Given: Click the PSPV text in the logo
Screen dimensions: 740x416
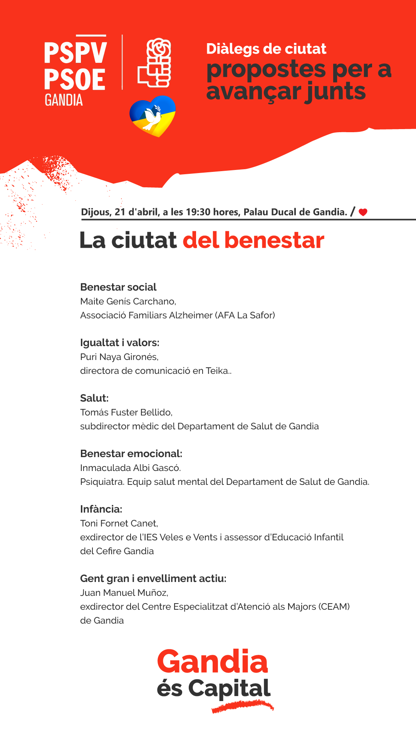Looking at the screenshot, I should tap(75, 53).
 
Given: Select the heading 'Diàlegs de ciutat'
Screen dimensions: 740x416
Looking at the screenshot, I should tap(266, 49).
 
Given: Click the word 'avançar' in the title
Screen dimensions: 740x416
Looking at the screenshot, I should tap(253, 92).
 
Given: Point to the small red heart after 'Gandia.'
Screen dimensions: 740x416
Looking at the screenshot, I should tap(363, 212).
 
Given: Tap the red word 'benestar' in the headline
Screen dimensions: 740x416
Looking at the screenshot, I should tap(274, 240).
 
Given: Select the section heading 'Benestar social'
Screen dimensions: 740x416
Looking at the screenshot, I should tap(118, 287).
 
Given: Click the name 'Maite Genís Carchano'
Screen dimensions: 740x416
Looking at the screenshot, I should tap(128, 301).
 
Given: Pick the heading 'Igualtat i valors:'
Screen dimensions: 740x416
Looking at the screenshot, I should tap(119, 343).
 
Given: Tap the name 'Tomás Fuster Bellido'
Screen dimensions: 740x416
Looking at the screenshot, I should tap(126, 412).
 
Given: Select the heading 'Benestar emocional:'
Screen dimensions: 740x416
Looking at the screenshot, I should tap(131, 454).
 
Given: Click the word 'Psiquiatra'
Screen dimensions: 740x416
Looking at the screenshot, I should tap(102, 482).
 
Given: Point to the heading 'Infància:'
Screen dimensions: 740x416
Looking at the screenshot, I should tap(101, 509).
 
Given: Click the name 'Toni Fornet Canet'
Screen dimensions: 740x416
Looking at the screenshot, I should tap(119, 523).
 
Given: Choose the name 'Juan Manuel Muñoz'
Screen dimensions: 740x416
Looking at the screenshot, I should tap(124, 593).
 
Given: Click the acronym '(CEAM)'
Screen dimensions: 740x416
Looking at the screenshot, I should tap(334, 607).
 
